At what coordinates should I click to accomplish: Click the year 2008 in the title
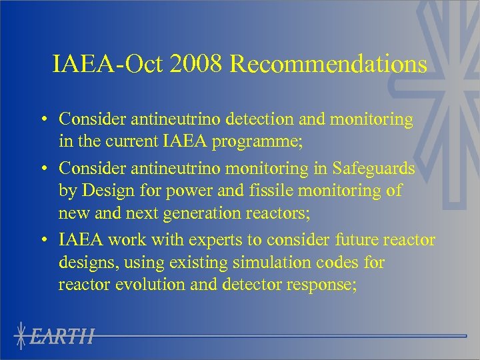[x=198, y=64]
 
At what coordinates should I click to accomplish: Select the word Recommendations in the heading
[x=329, y=64]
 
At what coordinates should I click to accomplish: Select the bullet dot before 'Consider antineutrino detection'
[x=42, y=120]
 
